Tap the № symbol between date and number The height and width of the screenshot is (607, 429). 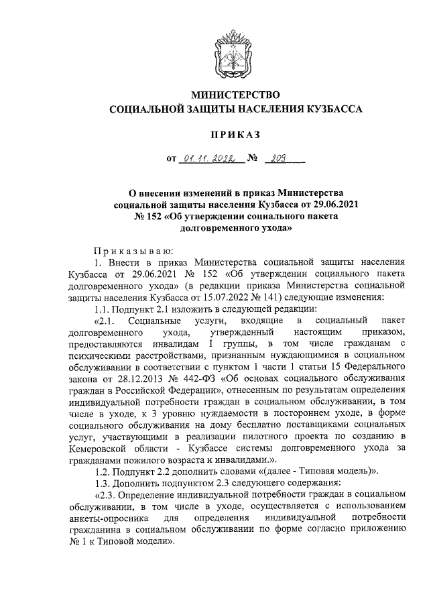tap(253, 160)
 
